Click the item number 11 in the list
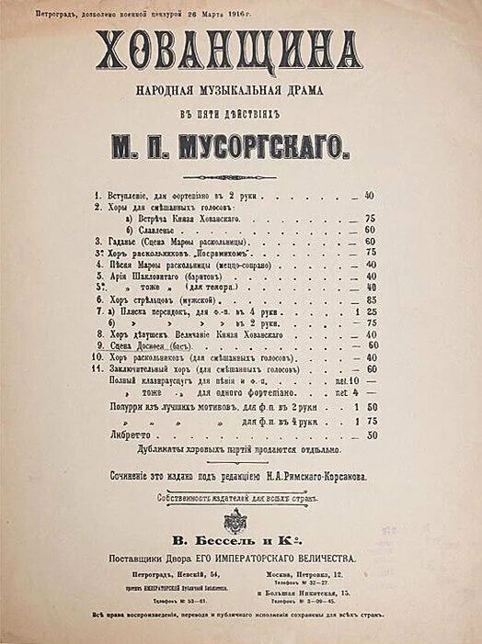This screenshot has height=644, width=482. (x=97, y=368)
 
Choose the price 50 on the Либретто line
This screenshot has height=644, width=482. (x=372, y=435)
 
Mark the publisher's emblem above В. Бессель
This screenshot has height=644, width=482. (x=235, y=518)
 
